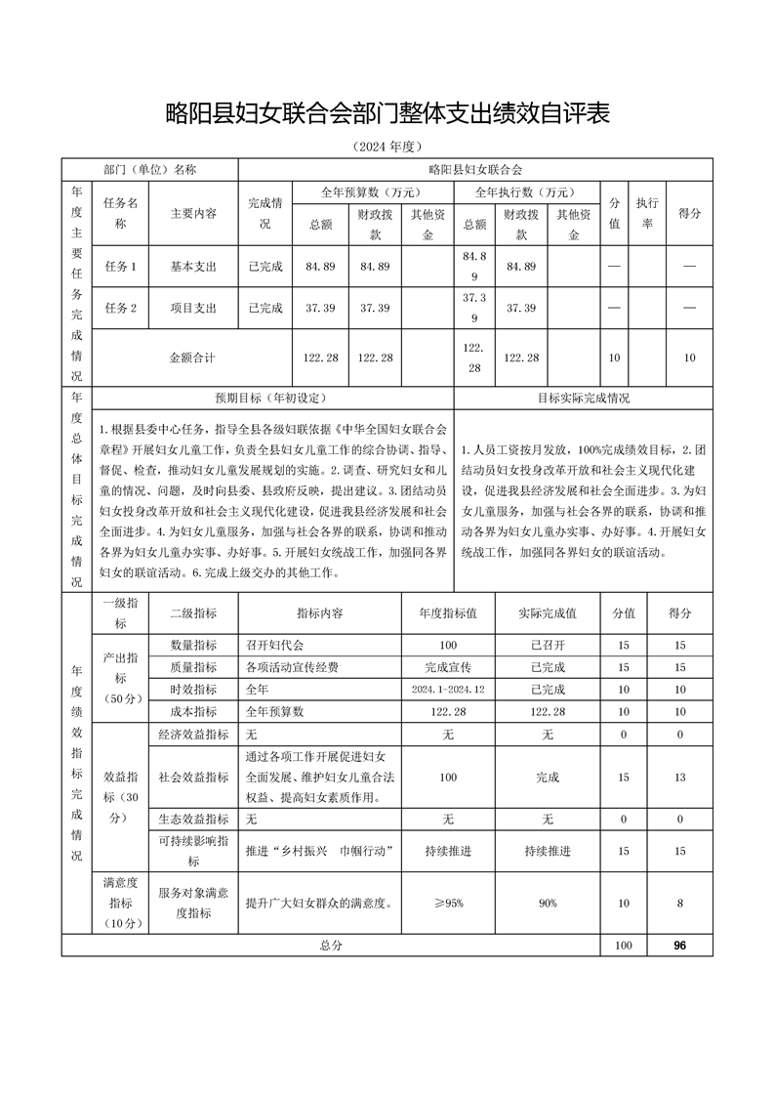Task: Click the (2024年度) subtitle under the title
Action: (387, 148)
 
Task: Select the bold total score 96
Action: (680, 946)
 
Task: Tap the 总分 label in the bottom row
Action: (331, 946)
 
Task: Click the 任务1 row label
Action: (120, 266)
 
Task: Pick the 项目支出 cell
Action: (193, 308)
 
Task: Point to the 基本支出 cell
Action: (193, 266)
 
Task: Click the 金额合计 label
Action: (192, 358)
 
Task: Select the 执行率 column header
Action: (646, 212)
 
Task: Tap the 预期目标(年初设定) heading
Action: (270, 399)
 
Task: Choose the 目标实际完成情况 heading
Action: (584, 399)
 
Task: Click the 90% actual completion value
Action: (548, 904)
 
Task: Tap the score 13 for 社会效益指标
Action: (680, 777)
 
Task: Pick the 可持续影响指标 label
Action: (193, 851)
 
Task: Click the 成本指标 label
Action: (193, 711)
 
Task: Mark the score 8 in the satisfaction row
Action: (680, 904)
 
